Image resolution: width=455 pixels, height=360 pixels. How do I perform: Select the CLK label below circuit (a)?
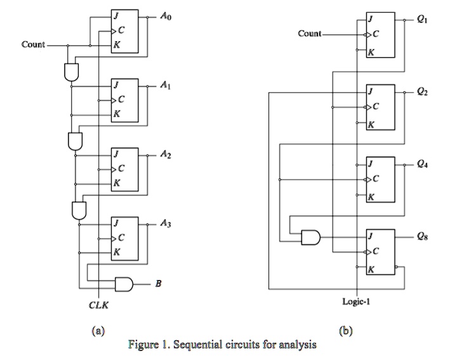[x=99, y=305]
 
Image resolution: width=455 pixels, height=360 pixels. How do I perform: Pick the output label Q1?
[x=423, y=19]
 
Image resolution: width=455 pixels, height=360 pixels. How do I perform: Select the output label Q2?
[x=423, y=93]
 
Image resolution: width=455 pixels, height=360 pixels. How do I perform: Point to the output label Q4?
[x=423, y=164]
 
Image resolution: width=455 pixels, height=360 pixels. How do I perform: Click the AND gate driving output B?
[x=122, y=284]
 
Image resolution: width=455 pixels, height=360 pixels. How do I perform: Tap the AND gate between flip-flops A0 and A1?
[x=70, y=71]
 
